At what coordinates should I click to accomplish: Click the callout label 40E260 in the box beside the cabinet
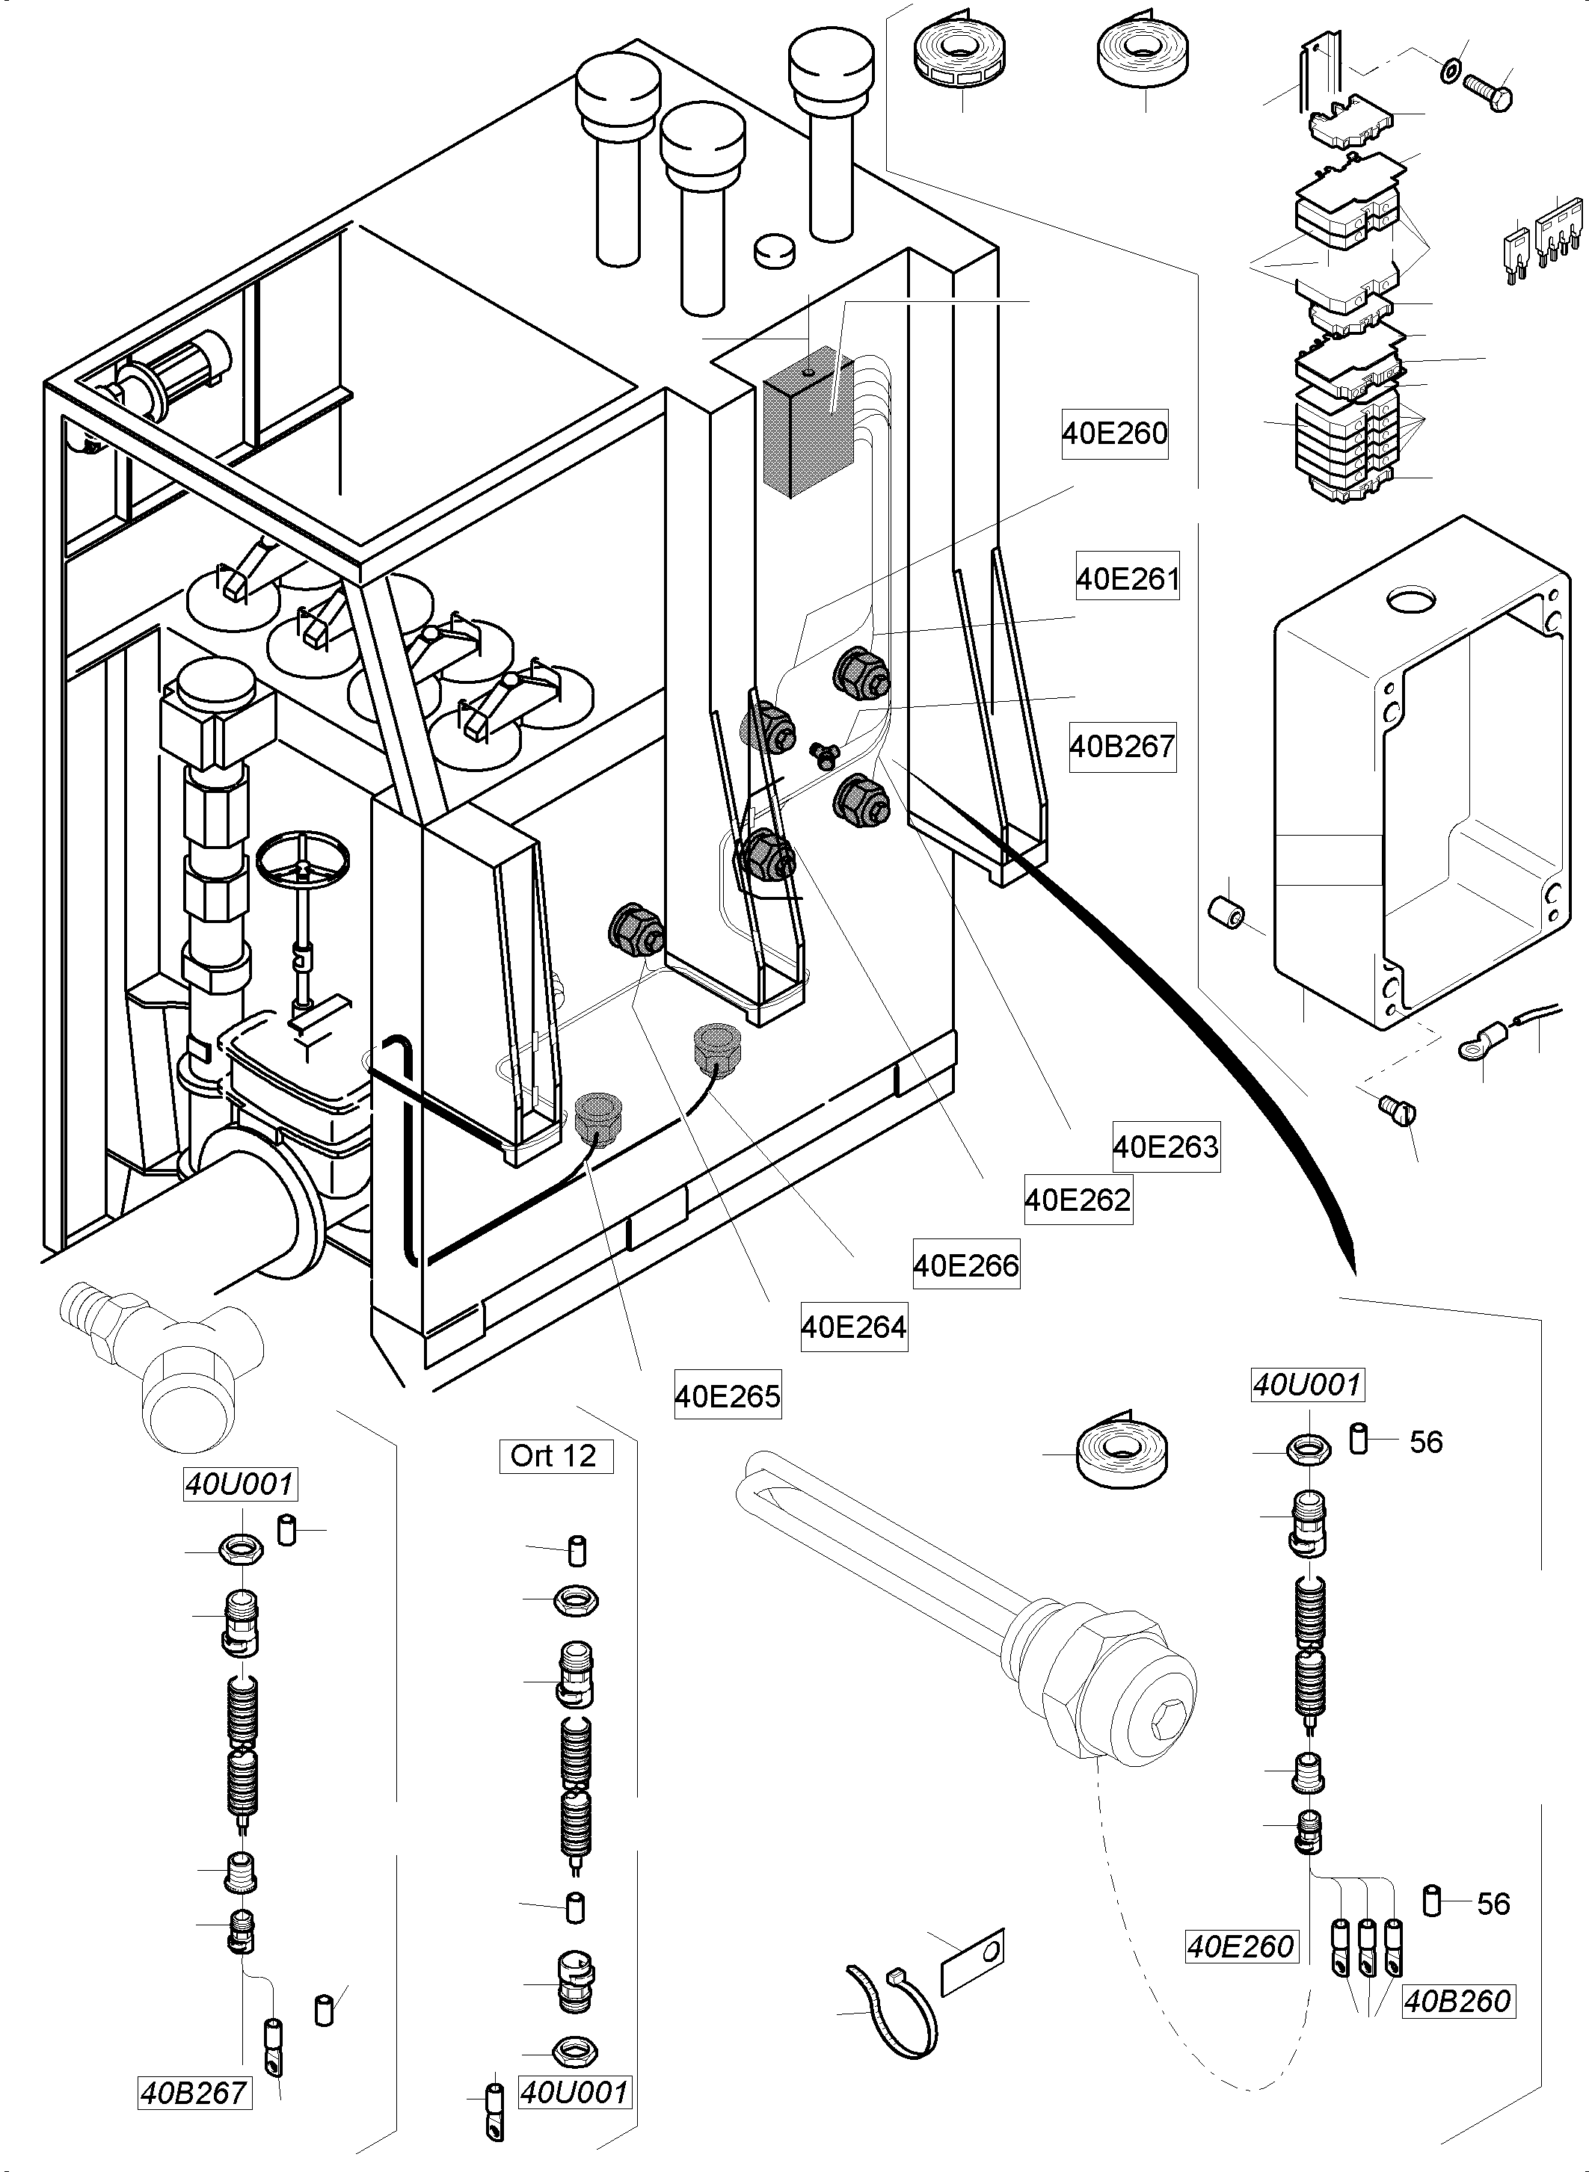click(x=1114, y=434)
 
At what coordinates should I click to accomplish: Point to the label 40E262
click(x=1078, y=1199)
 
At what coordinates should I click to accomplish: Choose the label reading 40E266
click(x=965, y=1265)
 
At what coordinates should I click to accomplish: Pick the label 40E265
click(x=727, y=1396)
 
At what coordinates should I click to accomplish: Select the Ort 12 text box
click(x=554, y=1456)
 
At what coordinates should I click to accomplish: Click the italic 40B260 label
click(x=1457, y=2002)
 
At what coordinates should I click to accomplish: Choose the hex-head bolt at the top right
click(x=1488, y=92)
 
